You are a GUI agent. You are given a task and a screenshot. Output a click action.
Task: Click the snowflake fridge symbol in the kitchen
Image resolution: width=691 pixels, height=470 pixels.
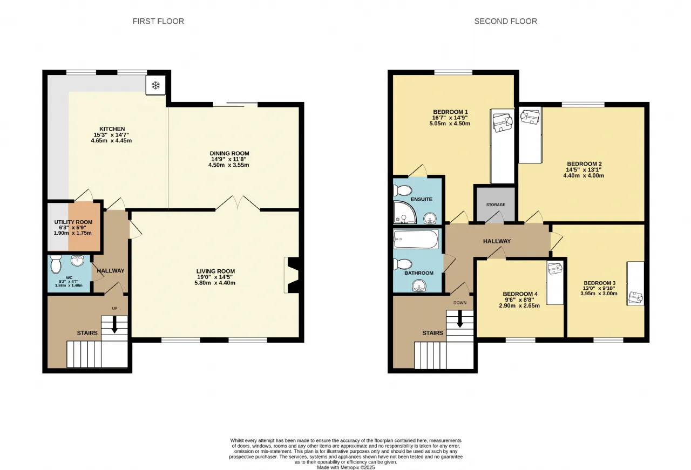point(156,85)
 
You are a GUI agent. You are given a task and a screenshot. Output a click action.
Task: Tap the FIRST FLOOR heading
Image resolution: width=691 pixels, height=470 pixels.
point(158,21)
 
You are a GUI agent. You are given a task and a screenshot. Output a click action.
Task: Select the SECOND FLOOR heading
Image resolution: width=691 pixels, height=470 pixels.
point(506,21)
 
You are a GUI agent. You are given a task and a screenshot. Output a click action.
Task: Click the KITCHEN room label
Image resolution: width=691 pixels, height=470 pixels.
point(112,129)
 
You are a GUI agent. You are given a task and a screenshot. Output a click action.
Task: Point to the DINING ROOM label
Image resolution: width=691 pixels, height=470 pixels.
point(229,153)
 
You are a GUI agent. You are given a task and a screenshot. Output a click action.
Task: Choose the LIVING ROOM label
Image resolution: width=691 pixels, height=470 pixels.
point(215,271)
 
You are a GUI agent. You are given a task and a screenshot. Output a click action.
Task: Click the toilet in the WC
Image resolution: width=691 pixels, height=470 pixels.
point(56,264)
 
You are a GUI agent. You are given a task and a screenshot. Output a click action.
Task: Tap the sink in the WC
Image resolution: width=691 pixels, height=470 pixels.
point(77,261)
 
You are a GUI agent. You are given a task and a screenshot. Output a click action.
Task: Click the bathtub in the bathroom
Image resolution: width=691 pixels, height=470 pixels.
point(416,239)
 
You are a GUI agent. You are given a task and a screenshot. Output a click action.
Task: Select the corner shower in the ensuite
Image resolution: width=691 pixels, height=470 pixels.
point(405,213)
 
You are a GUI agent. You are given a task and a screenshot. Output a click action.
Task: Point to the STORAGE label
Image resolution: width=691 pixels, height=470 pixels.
point(496,205)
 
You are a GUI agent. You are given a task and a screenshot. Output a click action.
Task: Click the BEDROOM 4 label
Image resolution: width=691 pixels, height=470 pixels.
point(520,294)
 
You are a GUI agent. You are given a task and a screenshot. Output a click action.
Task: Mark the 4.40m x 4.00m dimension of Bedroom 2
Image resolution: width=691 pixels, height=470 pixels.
point(584,175)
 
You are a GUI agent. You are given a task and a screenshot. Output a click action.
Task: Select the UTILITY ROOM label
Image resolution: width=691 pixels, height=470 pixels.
point(73,222)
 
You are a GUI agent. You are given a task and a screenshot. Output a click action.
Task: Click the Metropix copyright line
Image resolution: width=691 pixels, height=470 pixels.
point(346,467)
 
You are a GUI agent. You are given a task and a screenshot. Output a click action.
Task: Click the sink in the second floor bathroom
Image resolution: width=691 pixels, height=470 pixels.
point(418,285)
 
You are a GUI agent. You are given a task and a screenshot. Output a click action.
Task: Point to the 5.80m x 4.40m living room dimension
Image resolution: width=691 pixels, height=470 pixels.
point(215,283)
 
